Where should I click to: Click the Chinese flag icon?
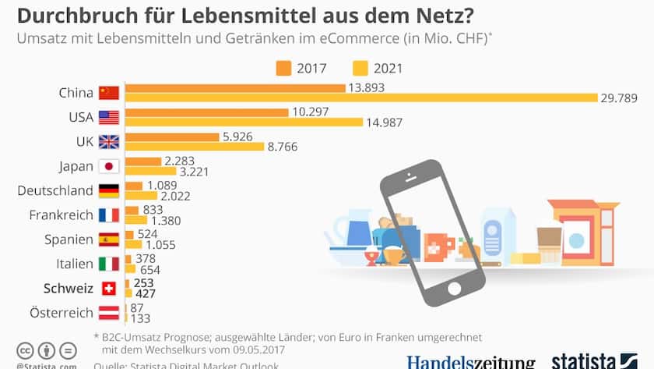click(108, 93)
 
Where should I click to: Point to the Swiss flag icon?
click(108, 289)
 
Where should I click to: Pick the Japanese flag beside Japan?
click(108, 166)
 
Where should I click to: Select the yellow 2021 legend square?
click(360, 68)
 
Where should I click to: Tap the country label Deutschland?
click(55, 190)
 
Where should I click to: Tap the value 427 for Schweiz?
click(146, 294)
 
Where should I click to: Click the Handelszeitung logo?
click(471, 362)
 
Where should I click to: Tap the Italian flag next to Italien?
click(108, 264)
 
